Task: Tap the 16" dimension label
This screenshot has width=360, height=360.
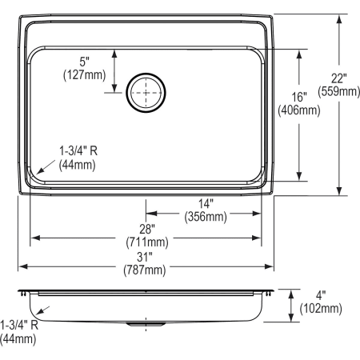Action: point(298,97)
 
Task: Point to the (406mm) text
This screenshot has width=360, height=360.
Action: point(298,110)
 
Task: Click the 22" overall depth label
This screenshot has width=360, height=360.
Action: point(342,77)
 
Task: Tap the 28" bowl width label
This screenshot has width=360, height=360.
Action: point(146,229)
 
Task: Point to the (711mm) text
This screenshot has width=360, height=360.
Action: point(146,242)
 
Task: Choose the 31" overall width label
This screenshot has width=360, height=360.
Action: point(146,257)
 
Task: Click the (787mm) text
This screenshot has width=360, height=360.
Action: point(146,270)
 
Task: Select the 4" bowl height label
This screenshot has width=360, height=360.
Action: point(320,294)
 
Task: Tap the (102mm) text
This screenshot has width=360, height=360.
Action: point(320,308)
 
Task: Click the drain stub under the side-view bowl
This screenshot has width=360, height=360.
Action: point(145,326)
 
